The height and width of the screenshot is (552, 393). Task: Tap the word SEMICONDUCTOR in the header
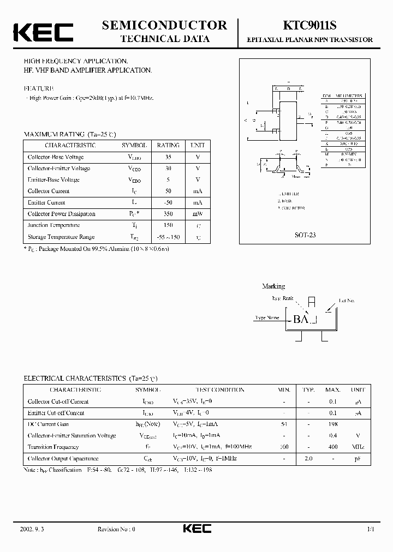(x=164, y=25)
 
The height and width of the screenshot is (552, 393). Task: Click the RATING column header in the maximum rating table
(x=168, y=146)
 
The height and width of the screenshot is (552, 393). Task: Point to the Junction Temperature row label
(x=54, y=225)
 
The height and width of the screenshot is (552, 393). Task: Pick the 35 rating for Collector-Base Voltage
(x=168, y=157)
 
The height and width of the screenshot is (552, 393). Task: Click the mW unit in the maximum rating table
(x=197, y=214)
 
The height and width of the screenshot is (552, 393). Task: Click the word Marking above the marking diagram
(x=273, y=286)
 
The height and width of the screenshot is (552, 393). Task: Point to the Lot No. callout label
(x=347, y=301)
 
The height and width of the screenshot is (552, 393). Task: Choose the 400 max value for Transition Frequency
(x=333, y=447)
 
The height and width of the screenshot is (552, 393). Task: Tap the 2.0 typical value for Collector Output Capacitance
(x=308, y=459)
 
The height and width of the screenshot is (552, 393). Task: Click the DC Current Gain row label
(x=48, y=424)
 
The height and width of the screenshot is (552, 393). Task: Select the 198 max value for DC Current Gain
(x=333, y=424)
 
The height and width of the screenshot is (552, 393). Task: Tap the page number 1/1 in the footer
(x=371, y=529)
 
